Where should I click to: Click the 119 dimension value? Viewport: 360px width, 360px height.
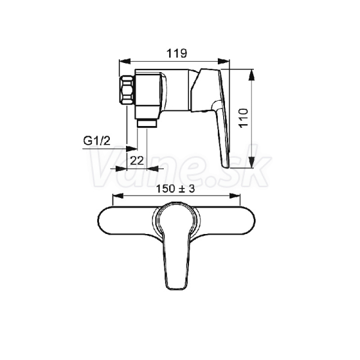(x=177, y=53)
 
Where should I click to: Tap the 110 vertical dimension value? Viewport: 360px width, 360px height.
(x=244, y=118)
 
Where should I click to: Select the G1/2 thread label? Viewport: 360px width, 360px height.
(x=97, y=141)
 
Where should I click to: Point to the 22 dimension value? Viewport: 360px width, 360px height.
(x=137, y=160)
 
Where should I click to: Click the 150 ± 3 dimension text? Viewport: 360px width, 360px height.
(x=175, y=189)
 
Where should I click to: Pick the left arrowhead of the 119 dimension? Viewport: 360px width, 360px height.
(x=125, y=61)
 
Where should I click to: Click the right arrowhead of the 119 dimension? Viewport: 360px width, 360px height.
(x=224, y=61)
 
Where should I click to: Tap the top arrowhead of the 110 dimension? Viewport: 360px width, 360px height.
(x=252, y=75)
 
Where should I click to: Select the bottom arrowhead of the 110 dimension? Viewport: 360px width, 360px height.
(x=252, y=163)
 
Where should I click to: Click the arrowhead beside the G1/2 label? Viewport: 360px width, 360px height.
(x=132, y=149)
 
